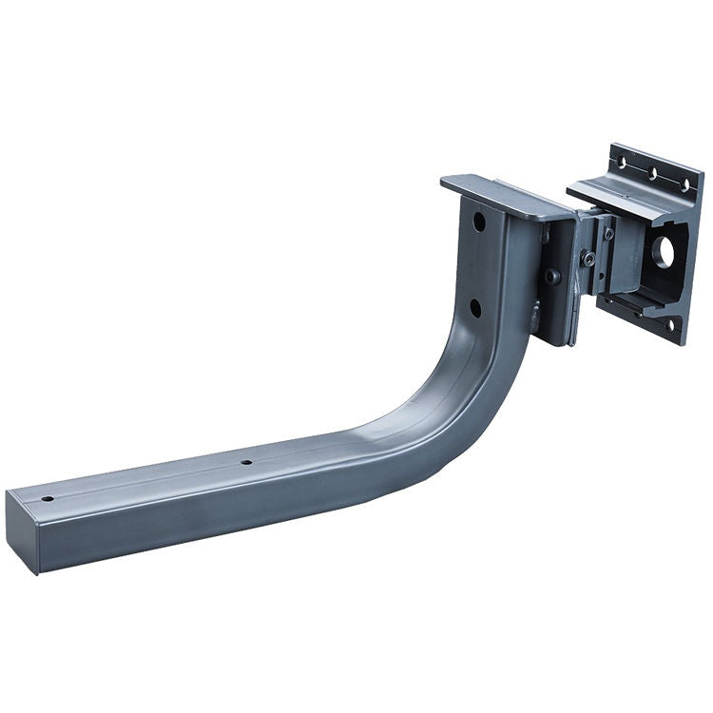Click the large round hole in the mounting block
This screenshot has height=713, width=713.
(664, 251)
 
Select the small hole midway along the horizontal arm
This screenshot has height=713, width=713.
(245, 463)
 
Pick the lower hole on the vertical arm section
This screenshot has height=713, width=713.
(474, 307)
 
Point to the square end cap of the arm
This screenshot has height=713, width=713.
(22, 531)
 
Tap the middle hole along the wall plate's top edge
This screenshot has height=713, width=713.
(653, 173)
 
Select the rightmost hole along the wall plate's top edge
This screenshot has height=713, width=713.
(684, 184)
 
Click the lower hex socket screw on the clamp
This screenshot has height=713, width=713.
(589, 258)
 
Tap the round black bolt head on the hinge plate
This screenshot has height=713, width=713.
(551, 277)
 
